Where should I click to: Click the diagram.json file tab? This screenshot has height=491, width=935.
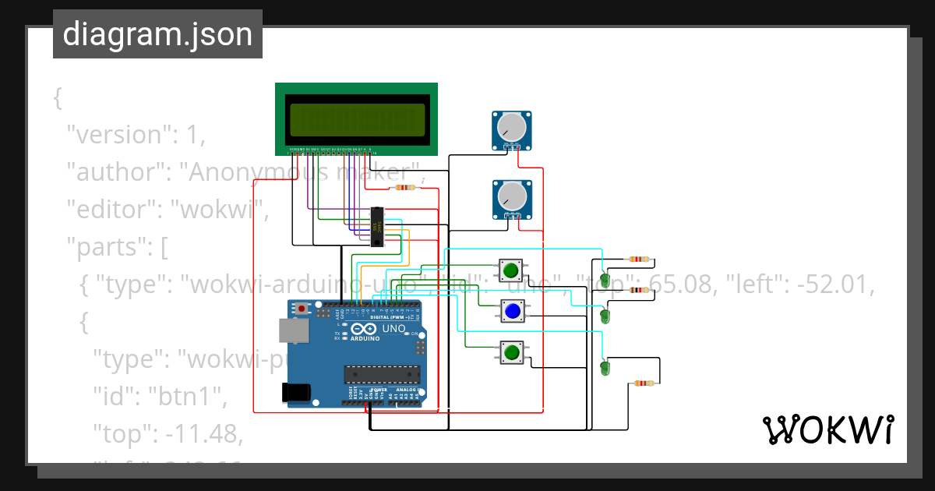click(157, 34)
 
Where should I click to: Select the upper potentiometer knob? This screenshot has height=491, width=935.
click(512, 126)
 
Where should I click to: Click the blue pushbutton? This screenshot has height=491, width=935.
click(512, 312)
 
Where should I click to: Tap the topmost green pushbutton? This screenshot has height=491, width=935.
click(512, 270)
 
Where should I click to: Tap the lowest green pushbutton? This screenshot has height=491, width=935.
click(512, 353)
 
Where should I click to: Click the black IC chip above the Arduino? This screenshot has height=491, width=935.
click(378, 227)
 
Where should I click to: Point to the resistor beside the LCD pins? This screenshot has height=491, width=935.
click(403, 188)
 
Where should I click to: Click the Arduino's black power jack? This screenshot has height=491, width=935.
click(298, 392)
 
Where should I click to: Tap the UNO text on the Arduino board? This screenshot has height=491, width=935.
click(393, 329)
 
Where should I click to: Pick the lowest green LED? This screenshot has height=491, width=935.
click(605, 368)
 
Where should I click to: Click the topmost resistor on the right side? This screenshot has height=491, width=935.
click(639, 260)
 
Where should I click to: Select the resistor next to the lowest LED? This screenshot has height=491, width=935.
click(643, 383)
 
